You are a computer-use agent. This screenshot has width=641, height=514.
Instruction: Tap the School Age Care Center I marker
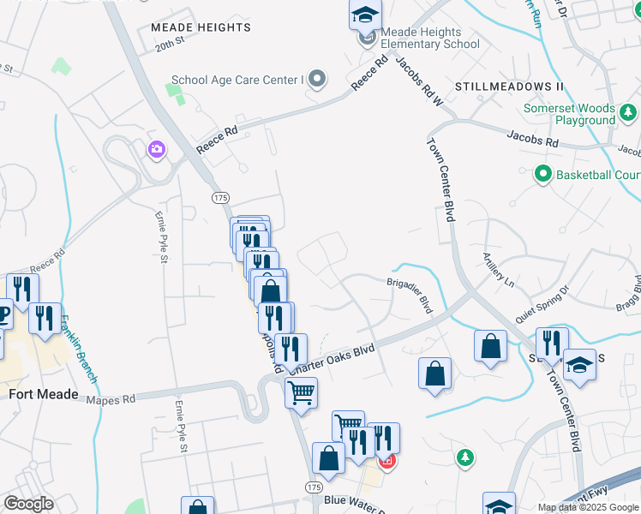click(x=318, y=81)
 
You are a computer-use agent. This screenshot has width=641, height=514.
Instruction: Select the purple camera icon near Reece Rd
click(x=156, y=150)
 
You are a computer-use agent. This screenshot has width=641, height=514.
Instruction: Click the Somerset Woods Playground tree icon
click(x=628, y=112)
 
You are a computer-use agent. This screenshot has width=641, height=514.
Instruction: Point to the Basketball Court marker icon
click(x=542, y=175)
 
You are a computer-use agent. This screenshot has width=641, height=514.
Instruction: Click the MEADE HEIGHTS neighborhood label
click(x=201, y=27)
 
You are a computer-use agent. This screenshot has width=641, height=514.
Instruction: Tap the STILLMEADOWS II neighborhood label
click(x=509, y=87)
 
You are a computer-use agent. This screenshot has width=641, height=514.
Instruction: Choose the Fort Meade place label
click(x=44, y=395)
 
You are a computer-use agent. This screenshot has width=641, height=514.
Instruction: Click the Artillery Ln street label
click(x=498, y=270)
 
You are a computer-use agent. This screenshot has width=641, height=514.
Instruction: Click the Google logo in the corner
click(x=28, y=504)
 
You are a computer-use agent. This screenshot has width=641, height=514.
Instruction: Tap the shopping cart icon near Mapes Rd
click(x=301, y=393)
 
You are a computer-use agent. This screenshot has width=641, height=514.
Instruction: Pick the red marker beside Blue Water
click(x=386, y=462)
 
